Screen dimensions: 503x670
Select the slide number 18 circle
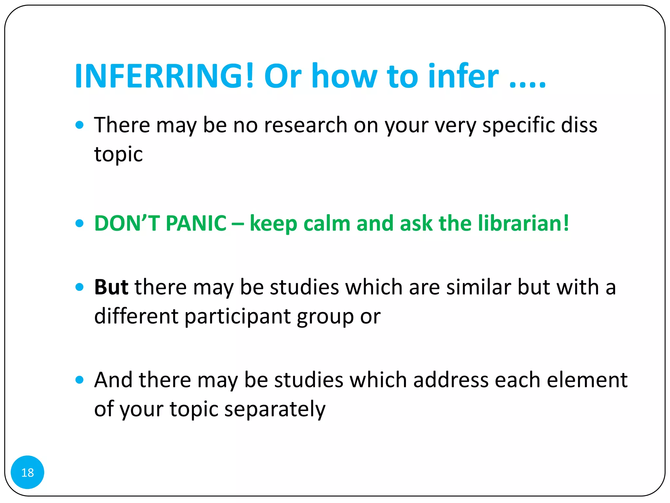point(27,472)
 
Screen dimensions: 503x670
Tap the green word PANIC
point(196,223)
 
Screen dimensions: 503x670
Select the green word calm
point(327,223)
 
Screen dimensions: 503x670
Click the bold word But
point(111,287)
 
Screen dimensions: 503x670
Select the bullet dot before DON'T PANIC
point(79,223)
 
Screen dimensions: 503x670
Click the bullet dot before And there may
point(79,380)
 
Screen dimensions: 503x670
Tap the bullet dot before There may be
point(79,125)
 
